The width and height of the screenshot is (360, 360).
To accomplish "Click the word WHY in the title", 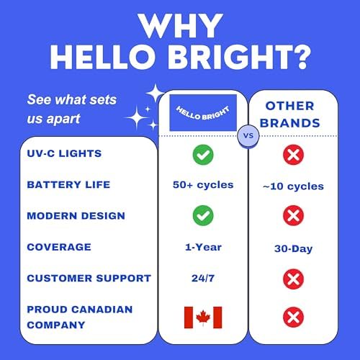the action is pos(180,26).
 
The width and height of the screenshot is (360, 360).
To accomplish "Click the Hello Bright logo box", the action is pos(203,112).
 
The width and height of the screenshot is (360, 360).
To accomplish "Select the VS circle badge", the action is pos(248,135).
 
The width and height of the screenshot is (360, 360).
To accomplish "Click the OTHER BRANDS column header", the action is pos(290,114).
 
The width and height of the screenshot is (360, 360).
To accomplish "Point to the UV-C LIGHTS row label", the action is pos(64,153).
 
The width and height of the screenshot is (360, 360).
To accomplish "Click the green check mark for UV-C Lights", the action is pos(203,155).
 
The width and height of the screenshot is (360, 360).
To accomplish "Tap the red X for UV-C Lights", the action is pos(293,155).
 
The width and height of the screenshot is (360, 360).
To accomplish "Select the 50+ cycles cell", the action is pos(203,185).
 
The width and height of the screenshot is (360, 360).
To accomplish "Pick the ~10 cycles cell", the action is pos(293,186).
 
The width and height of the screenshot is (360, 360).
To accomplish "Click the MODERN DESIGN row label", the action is pos(76,216).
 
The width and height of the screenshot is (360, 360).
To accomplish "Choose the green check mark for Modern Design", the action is pos(203,215).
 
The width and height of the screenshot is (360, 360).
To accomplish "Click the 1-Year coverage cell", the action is pos(203,247).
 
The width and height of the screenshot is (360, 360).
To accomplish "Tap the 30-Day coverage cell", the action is pos(293,249).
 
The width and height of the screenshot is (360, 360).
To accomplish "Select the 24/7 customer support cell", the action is pos(203,279).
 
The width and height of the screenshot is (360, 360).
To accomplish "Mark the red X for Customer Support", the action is pos(293,279).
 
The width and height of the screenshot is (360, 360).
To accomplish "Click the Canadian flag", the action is pos(203,318).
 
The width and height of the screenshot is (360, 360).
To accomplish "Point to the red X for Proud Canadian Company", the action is pos(293,317).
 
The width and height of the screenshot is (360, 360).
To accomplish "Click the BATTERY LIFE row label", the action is pos(68,184).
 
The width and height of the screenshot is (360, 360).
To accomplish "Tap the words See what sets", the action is pos(72,99).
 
